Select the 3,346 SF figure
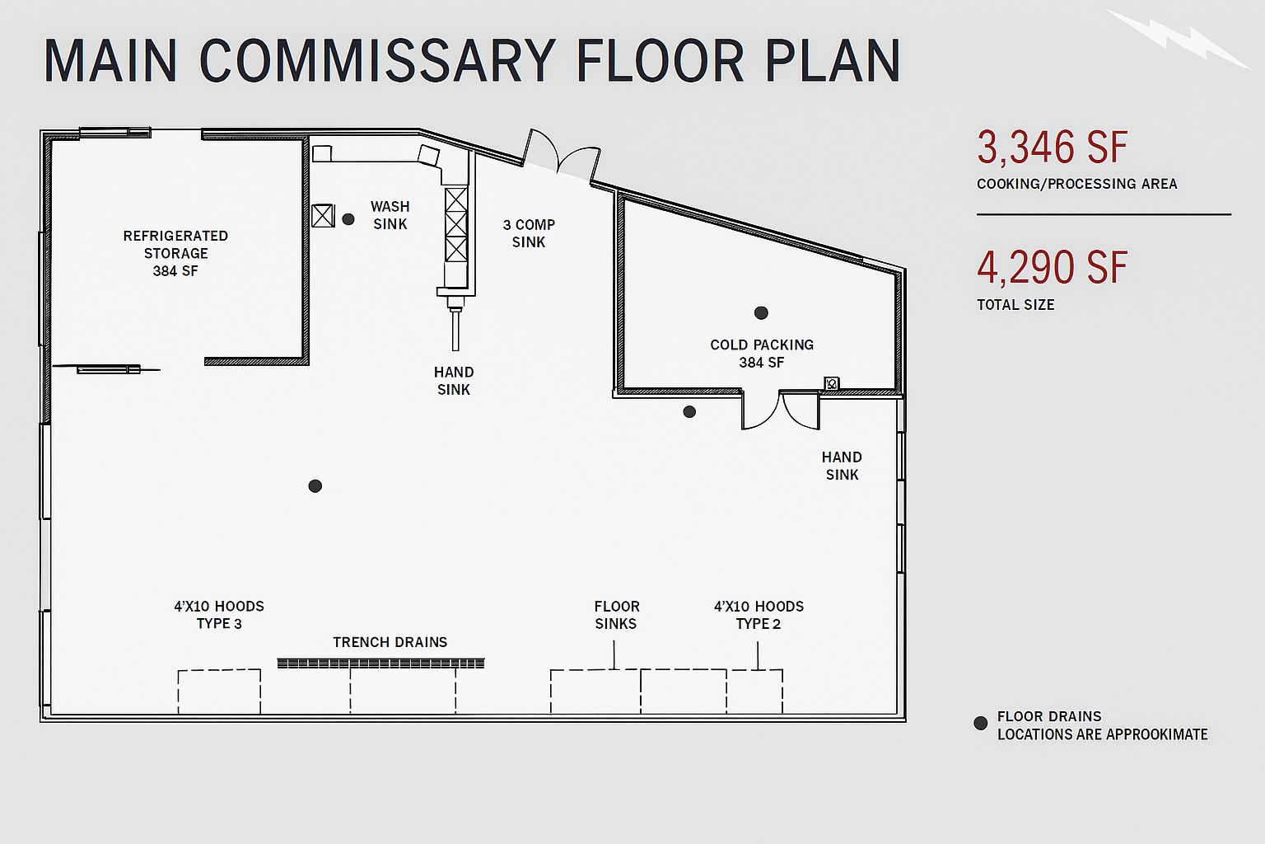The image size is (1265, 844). point(1052,148)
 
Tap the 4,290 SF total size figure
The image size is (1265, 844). point(1052,268)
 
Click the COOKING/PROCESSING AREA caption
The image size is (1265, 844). point(1076,184)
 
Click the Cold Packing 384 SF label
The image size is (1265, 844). point(762,354)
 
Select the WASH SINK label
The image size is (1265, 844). point(390,215)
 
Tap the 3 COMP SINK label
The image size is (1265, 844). point(529,233)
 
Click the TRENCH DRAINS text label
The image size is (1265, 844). point(390,642)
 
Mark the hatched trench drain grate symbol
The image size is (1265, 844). point(380,663)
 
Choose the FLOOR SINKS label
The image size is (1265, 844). point(616,615)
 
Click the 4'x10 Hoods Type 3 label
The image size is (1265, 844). point(219,615)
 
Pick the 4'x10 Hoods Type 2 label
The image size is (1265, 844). point(759,615)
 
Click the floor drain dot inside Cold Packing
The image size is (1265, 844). point(761,313)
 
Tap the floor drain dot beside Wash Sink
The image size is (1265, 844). point(348,219)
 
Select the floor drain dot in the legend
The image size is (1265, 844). point(980,724)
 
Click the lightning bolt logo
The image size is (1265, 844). point(1178,37)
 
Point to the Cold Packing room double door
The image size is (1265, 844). point(780,410)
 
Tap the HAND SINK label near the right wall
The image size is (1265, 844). point(842,466)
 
